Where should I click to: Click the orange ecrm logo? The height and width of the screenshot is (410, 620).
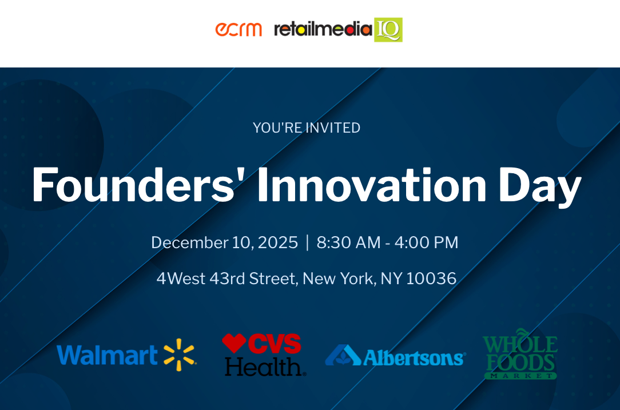coord(239,29)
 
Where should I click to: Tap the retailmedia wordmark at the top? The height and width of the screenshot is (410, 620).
coord(323,29)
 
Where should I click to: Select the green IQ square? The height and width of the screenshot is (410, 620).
coord(388,30)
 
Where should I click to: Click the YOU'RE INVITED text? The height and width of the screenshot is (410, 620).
coord(307,128)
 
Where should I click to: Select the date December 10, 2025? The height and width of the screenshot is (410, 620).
coord(224,242)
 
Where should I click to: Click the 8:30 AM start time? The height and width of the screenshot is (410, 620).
coord(348,242)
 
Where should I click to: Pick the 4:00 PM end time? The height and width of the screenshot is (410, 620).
coord(426,242)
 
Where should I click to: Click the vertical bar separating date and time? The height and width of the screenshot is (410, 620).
coord(307,242)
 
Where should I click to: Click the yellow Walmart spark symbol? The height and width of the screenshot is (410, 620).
coord(180,355)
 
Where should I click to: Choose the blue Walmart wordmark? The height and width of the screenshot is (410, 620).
coord(107,355)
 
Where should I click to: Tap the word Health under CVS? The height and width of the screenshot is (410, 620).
coord(264,367)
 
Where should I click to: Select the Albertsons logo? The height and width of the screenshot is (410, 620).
coord(395,356)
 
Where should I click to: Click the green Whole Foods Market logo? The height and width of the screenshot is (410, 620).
coord(520,354)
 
